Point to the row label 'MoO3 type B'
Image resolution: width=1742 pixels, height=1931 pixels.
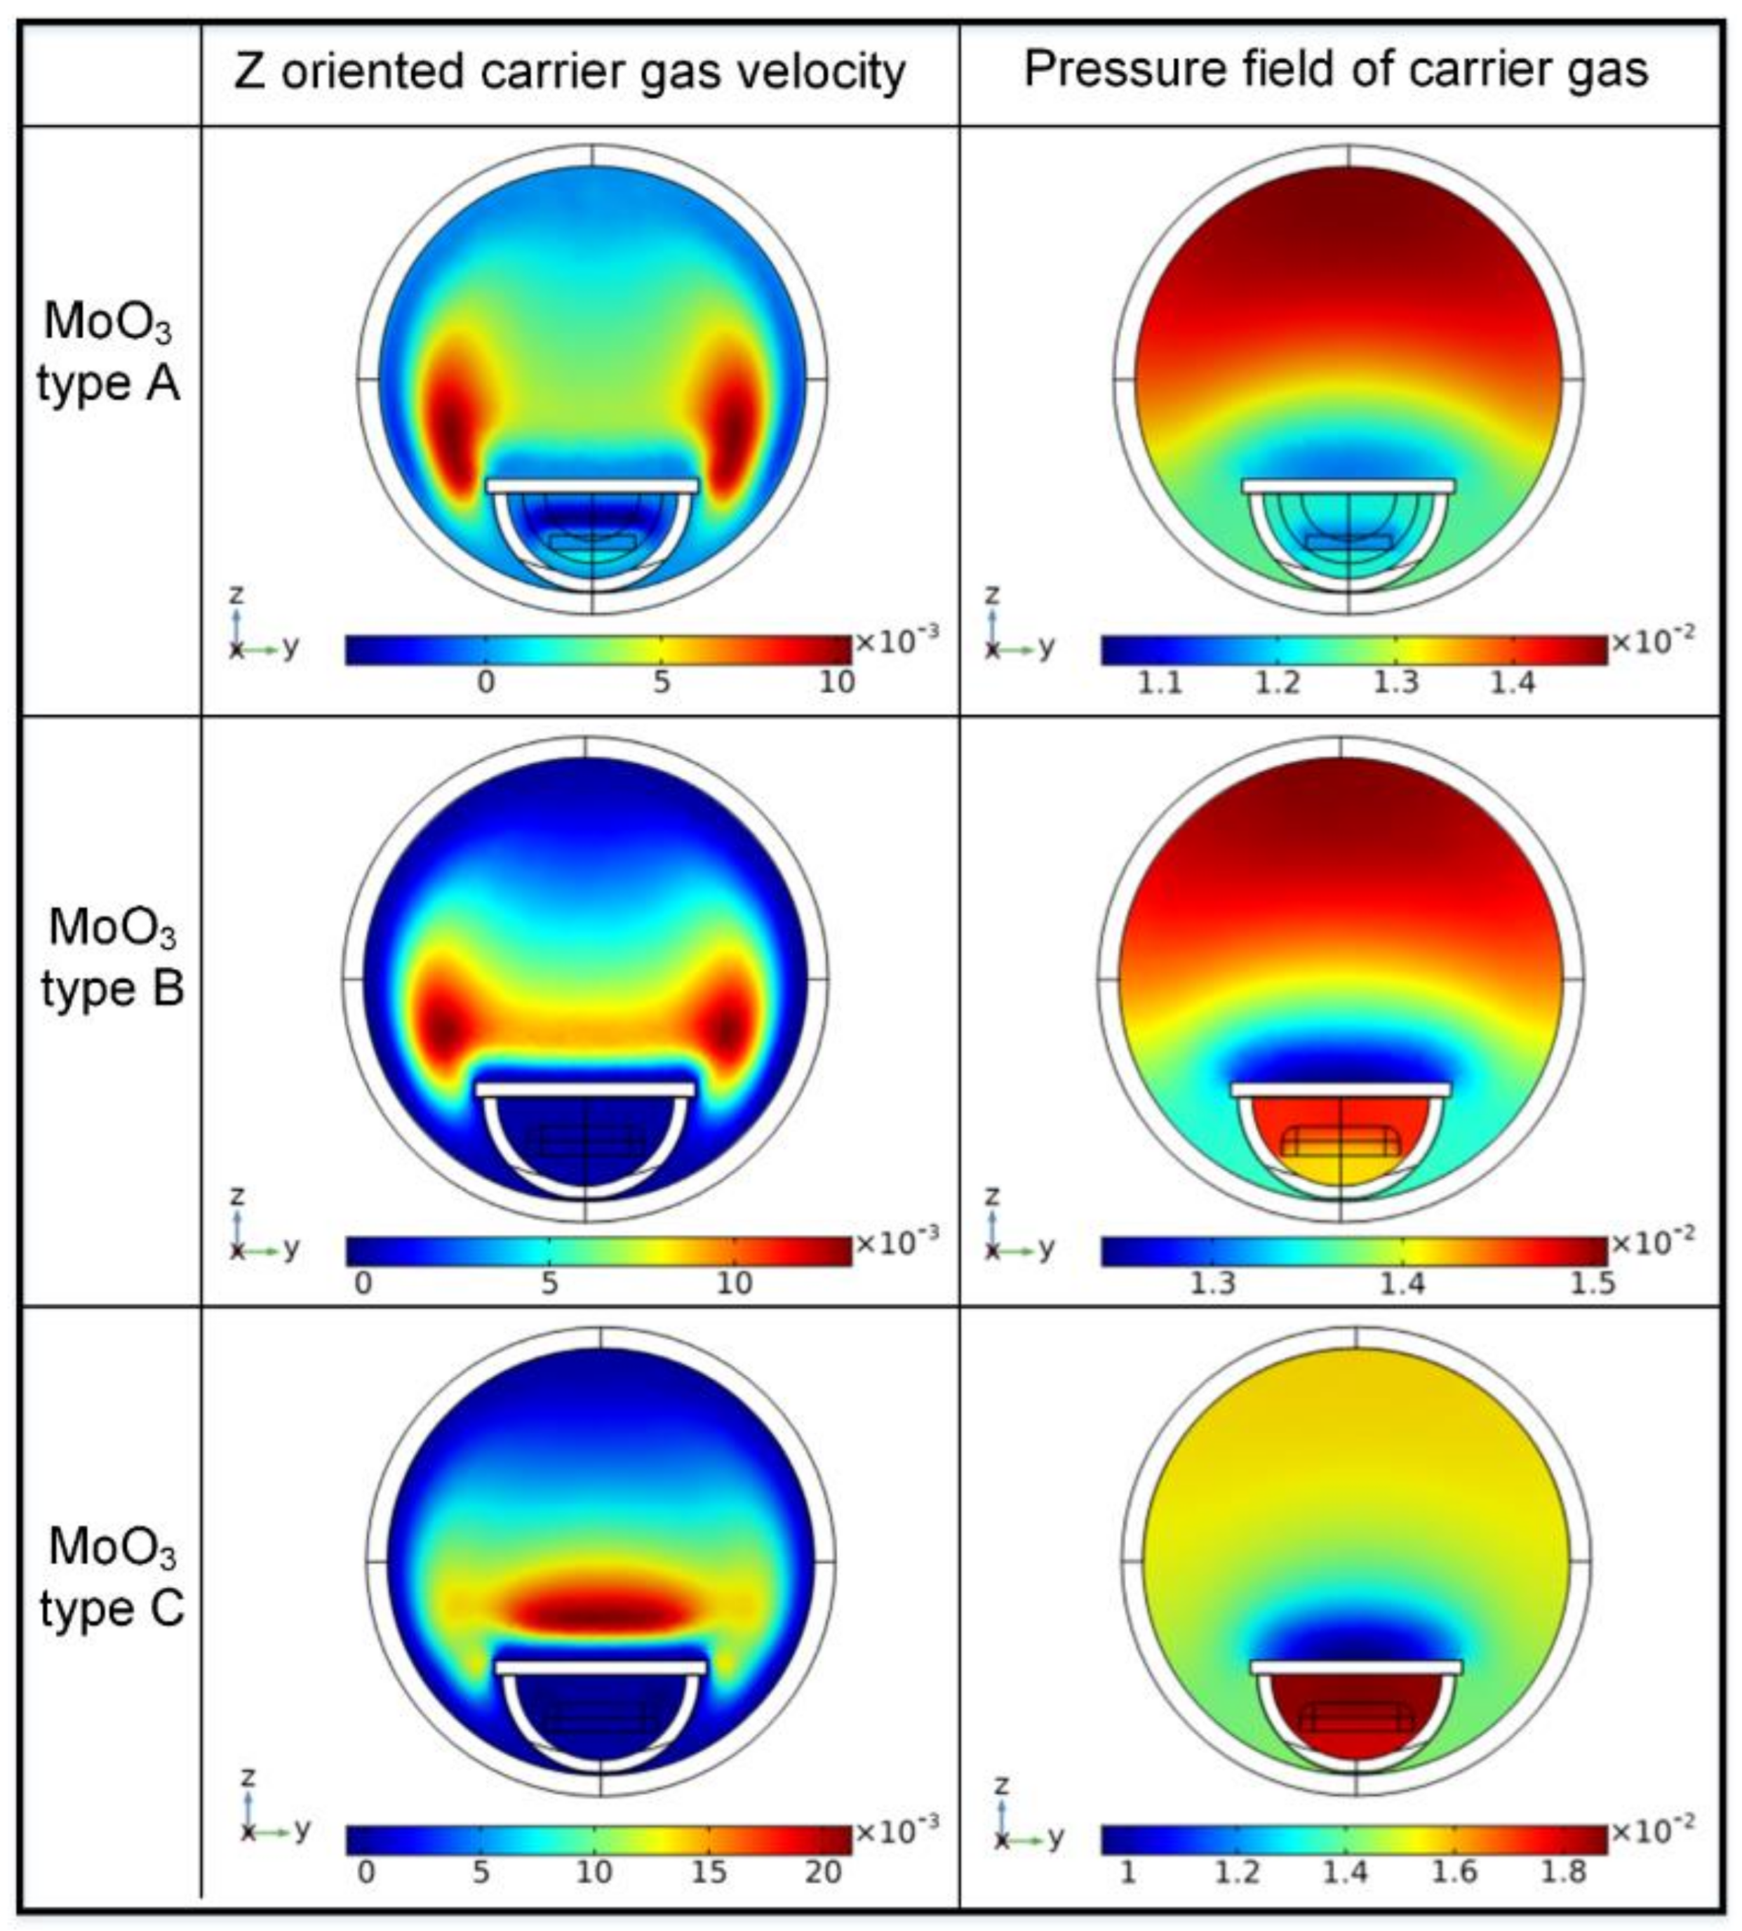pyautogui.click(x=112, y=956)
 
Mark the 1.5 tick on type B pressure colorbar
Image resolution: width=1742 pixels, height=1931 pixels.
pyautogui.click(x=1592, y=1283)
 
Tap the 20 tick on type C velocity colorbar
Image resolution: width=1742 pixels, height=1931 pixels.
pyautogui.click(x=822, y=1871)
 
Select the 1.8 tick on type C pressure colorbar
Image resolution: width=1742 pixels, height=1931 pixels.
pyautogui.click(x=1563, y=1871)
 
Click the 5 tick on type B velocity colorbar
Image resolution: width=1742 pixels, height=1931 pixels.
pyautogui.click(x=549, y=1283)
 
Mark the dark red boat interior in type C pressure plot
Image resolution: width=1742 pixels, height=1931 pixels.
pyautogui.click(x=1356, y=1713)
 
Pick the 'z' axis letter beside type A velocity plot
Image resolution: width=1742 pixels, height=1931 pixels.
pyautogui.click(x=237, y=594)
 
